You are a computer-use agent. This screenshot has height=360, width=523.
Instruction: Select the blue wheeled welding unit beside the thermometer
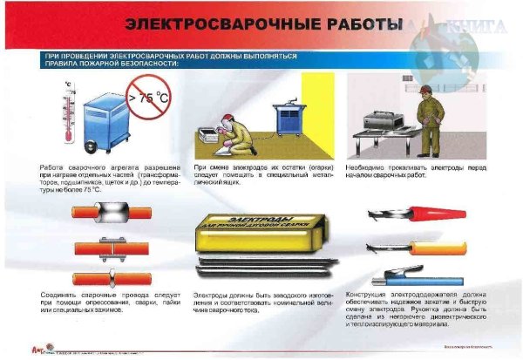pyautogui.click(x=105, y=118)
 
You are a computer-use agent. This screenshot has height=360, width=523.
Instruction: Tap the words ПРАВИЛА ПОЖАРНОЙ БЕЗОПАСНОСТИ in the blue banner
pyautogui.click(x=112, y=64)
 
